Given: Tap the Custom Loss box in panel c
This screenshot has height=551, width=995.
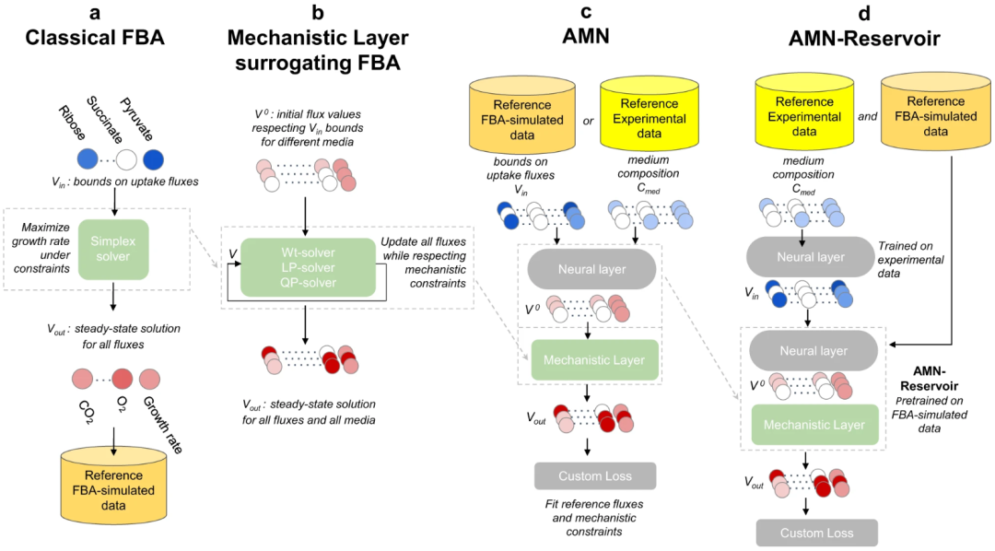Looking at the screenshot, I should click(595, 475).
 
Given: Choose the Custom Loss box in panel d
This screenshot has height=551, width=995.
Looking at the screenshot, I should click(816, 533).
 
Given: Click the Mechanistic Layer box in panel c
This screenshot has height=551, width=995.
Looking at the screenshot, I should click(595, 359).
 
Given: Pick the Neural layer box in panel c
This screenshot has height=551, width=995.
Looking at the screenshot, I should click(591, 268).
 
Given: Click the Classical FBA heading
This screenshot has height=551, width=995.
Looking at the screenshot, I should click(95, 40).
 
